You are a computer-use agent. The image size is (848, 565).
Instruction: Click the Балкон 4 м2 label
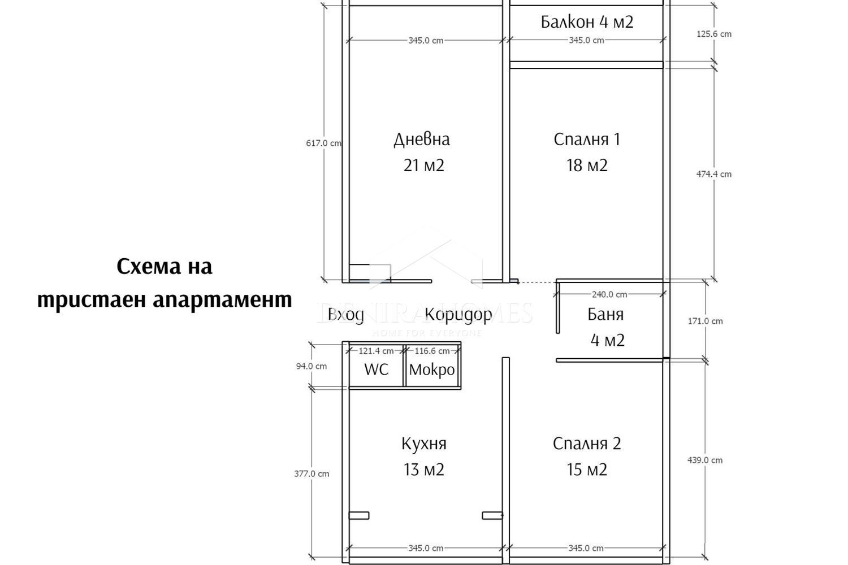click(586, 22)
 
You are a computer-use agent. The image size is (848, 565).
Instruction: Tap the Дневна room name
click(422, 139)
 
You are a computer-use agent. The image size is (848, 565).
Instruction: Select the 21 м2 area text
click(423, 166)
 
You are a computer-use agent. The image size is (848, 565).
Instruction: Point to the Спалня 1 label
click(587, 139)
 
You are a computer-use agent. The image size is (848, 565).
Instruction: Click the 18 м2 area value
click(587, 166)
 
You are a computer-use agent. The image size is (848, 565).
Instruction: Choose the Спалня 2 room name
click(587, 444)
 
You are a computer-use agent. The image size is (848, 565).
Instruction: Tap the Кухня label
click(423, 444)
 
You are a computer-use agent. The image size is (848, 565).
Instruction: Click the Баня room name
click(605, 314)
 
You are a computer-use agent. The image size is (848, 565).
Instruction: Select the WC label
click(376, 370)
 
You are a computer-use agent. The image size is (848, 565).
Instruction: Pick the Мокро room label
click(432, 370)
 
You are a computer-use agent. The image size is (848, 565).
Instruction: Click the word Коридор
click(458, 314)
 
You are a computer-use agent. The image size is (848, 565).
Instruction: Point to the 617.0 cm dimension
click(323, 144)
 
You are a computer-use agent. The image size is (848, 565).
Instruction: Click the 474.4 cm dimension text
click(713, 174)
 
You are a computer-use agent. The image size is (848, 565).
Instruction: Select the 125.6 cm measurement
click(713, 34)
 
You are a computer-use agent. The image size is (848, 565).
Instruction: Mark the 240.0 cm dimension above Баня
click(609, 294)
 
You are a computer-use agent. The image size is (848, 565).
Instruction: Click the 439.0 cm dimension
click(704, 460)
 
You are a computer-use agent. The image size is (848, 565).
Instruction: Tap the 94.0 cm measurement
click(311, 366)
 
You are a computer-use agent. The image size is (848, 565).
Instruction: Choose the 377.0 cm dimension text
click(311, 474)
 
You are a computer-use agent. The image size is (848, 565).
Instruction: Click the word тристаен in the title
click(92, 299)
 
